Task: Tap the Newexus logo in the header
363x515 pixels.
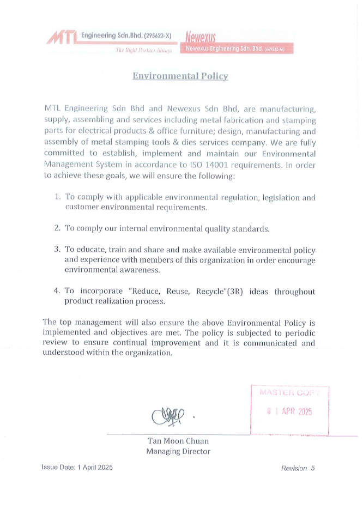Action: (201, 38)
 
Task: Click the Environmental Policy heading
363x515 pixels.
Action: (180, 76)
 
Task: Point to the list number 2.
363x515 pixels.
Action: (57, 228)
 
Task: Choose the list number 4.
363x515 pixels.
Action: (57, 290)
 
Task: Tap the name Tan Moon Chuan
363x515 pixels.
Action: (178, 441)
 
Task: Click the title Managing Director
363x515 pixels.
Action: (178, 451)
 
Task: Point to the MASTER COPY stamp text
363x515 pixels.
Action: (289, 392)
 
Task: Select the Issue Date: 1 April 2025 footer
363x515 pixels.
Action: (77, 468)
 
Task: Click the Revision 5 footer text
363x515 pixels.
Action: (298, 468)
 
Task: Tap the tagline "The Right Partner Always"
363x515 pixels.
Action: (143, 50)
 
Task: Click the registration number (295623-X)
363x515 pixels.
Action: (157, 35)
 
